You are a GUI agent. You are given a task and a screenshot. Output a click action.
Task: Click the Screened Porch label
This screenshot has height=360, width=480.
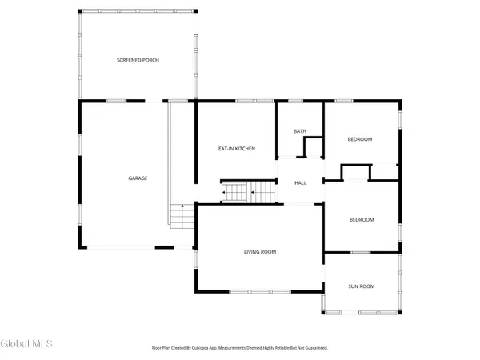click(x=137, y=61)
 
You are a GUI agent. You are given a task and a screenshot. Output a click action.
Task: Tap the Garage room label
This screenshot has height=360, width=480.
click(x=138, y=178)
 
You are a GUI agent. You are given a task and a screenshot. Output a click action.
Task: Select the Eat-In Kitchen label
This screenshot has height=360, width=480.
click(x=237, y=149)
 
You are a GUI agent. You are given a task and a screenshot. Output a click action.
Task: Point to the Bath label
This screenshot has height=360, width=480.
click(x=300, y=131)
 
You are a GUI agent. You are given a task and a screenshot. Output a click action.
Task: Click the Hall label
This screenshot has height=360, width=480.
click(x=301, y=183)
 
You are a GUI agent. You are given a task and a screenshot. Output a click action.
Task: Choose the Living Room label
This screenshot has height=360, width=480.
click(x=260, y=252)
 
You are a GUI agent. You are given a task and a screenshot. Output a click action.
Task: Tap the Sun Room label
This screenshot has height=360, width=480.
click(x=361, y=286)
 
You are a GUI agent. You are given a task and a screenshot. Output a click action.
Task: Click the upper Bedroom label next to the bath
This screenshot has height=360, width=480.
click(x=360, y=140)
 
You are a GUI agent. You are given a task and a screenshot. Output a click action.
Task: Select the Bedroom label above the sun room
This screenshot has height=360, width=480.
click(x=361, y=220)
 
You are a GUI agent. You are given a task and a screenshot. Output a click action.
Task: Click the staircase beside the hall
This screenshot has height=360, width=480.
click(x=248, y=193)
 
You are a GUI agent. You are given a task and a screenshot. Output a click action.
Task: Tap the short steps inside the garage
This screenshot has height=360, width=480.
click(x=182, y=216)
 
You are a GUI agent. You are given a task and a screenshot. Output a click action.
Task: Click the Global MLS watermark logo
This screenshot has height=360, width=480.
click(x=26, y=344)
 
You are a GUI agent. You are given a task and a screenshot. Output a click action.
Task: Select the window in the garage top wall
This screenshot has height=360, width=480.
click(x=117, y=101)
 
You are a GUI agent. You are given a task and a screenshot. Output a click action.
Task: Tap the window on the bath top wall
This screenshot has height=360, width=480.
click(x=294, y=101)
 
